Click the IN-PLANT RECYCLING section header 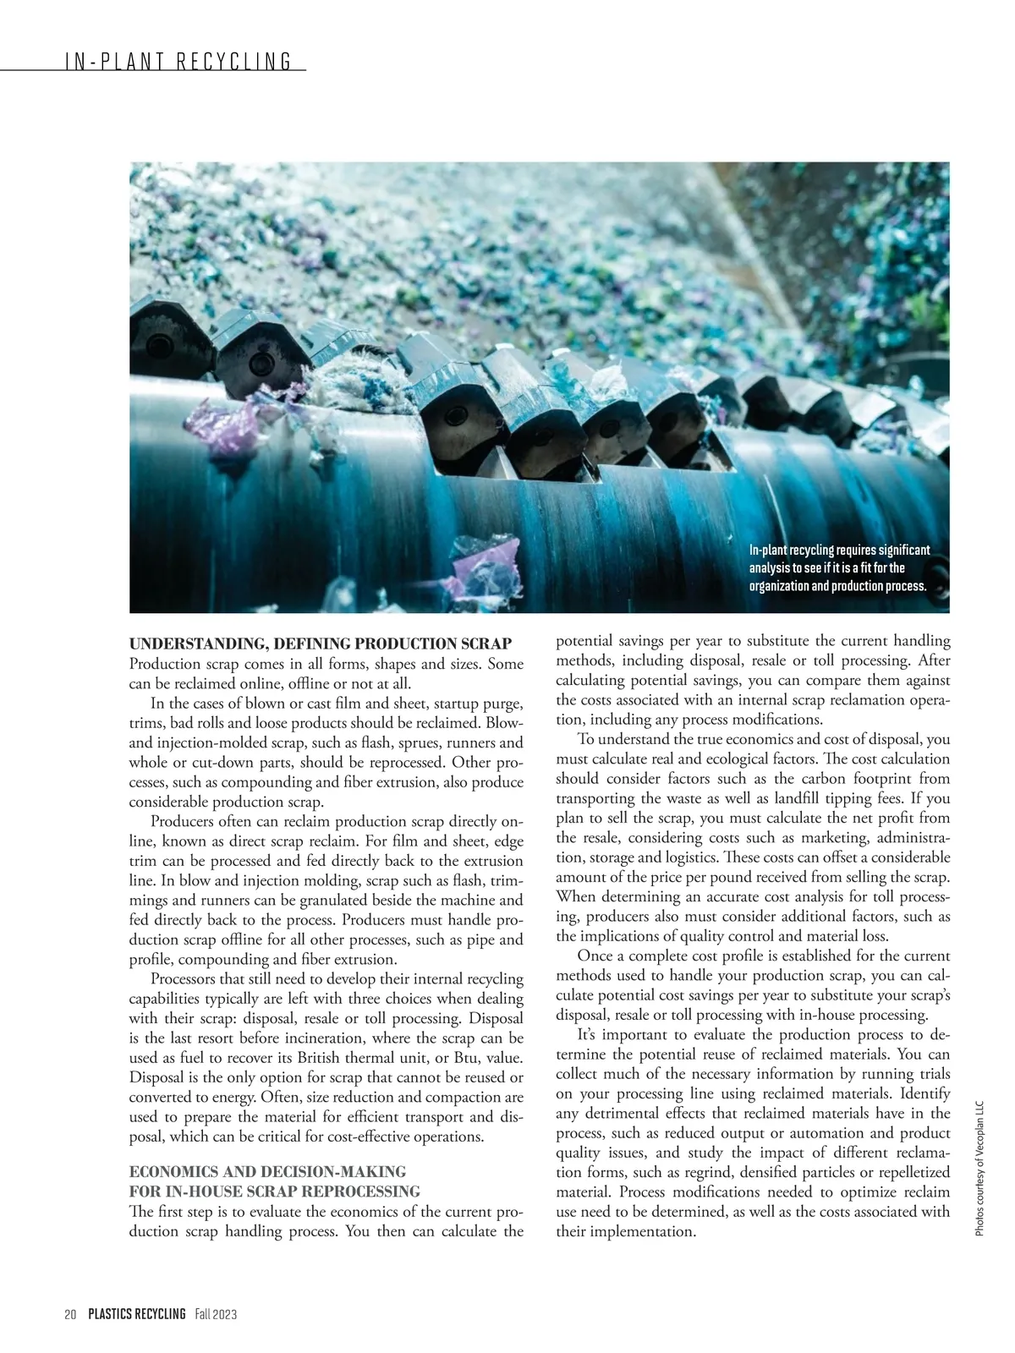click(x=177, y=61)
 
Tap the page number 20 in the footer click(x=70, y=1314)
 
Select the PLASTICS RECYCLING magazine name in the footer click(x=136, y=1314)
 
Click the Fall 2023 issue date click(x=216, y=1314)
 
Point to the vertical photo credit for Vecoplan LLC click(x=980, y=1168)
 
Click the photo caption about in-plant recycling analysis click(x=838, y=568)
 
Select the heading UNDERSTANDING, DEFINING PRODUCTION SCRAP click(x=320, y=644)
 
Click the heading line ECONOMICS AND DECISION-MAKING click(x=267, y=1171)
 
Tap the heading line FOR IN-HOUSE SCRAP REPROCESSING click(x=274, y=1191)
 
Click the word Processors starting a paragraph click(x=187, y=978)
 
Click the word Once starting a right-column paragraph click(x=594, y=956)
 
